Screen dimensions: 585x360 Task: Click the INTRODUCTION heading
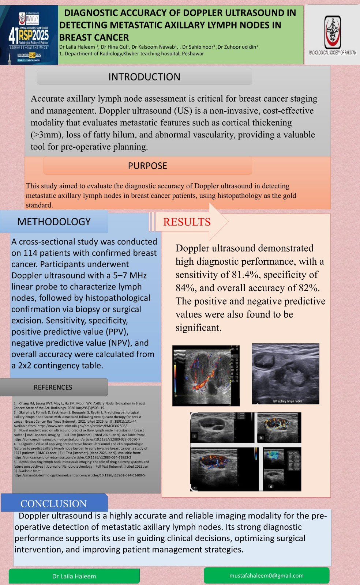(x=144, y=77)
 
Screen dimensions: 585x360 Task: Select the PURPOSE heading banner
(x=147, y=166)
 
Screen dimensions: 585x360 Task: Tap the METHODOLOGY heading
(x=54, y=222)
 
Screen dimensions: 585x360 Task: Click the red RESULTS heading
(x=187, y=222)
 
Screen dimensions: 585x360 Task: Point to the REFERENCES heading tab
(x=53, y=387)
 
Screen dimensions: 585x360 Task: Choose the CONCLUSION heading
(x=53, y=503)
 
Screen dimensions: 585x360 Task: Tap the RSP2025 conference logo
(x=29, y=35)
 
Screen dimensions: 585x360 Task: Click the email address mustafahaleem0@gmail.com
(x=266, y=575)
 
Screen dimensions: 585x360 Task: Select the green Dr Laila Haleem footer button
(x=74, y=576)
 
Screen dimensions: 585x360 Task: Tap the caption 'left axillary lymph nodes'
(x=287, y=401)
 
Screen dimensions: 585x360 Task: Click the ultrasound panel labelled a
(x=222, y=427)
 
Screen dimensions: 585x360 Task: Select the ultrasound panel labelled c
(x=224, y=469)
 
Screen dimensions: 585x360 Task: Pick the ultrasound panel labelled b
(x=280, y=427)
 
